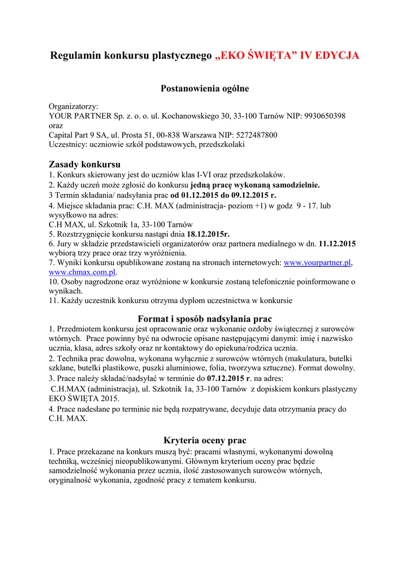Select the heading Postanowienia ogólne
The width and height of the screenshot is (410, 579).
(x=205, y=88)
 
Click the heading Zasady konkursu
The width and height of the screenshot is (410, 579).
(x=85, y=165)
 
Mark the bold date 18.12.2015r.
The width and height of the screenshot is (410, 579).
(x=208, y=233)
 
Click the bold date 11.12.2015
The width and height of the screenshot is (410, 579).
(x=338, y=243)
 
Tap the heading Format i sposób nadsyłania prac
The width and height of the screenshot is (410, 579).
(x=205, y=319)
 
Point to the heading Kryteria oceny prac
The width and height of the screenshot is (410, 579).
(x=205, y=440)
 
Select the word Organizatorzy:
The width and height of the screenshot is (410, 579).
(x=74, y=106)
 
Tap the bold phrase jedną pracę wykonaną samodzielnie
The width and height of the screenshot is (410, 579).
(x=255, y=184)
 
